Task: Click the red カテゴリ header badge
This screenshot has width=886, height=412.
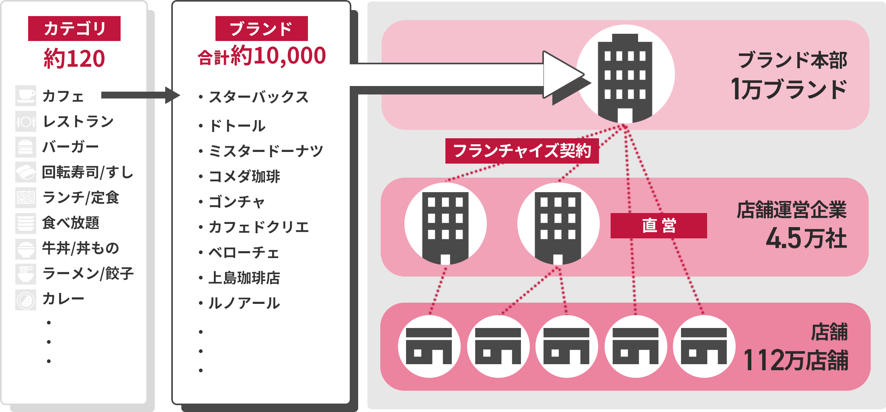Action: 74,29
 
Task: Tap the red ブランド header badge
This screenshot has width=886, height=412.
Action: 261,29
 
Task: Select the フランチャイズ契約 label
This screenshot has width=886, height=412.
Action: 522,151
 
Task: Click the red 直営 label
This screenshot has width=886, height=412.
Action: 658,225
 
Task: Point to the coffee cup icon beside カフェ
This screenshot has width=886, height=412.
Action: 26,96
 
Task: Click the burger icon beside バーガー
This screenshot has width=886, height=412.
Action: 26,147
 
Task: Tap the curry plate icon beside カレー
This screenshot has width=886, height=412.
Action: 26,299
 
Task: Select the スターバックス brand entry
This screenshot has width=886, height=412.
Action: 258,97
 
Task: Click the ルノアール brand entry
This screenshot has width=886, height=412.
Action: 244,303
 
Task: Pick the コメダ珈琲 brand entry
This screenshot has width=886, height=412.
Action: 244,176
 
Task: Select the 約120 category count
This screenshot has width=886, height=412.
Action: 74,59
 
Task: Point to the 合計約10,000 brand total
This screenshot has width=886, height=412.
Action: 261,56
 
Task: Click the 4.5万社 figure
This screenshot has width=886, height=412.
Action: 806,238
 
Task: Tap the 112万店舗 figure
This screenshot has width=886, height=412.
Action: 796,360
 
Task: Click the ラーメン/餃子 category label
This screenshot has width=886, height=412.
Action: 88,274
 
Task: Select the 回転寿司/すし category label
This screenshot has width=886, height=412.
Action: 88,172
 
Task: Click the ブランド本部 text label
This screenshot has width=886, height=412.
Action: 792,60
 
